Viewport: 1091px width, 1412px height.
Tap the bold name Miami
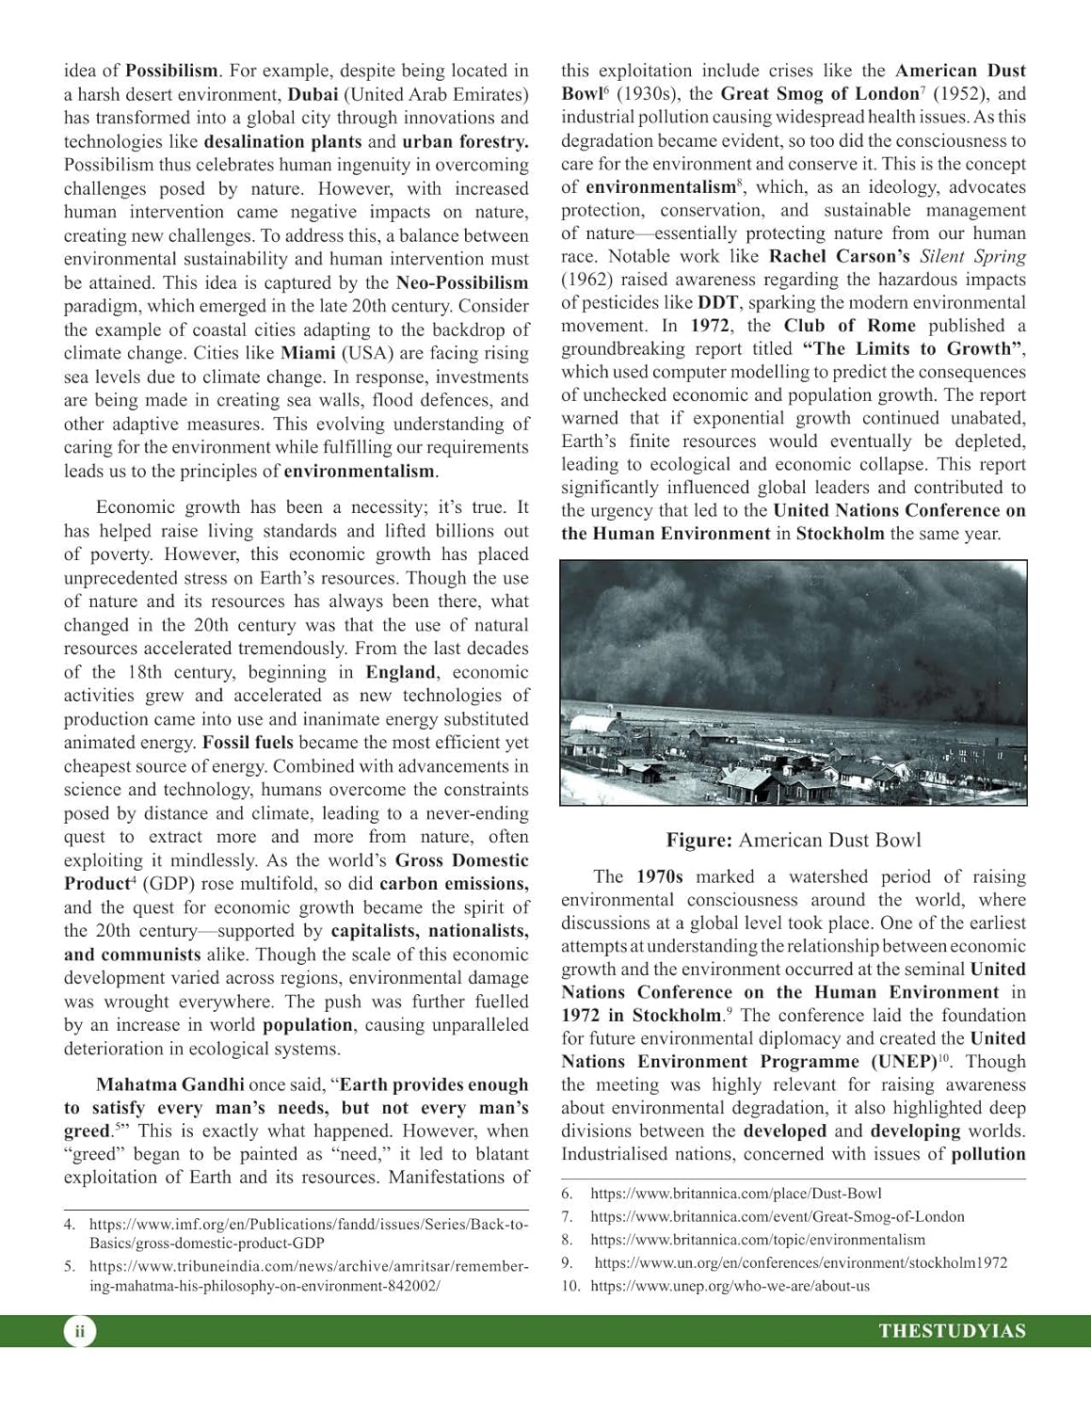(308, 353)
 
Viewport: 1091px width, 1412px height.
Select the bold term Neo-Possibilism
(462, 282)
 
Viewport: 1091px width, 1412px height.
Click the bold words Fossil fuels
(248, 743)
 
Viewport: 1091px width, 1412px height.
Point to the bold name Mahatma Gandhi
(170, 1084)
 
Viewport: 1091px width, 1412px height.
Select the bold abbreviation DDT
(717, 302)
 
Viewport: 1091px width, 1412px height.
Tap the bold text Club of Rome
(849, 326)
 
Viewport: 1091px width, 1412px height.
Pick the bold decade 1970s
(659, 876)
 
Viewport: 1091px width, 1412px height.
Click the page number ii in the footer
(80, 1331)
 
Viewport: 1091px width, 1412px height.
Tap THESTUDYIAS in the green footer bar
(952, 1331)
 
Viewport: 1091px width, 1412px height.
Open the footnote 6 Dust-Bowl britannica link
(735, 1194)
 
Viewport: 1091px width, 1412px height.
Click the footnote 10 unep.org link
(730, 1286)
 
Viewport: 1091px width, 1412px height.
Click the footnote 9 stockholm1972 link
(800, 1263)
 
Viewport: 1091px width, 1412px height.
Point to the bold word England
(400, 672)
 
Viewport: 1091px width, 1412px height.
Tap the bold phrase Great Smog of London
(819, 94)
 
